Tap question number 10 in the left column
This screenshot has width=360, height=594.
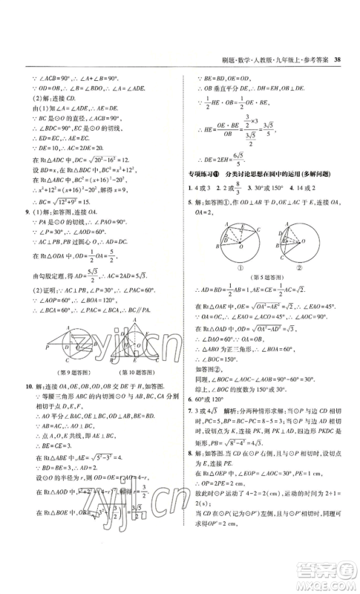28,387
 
